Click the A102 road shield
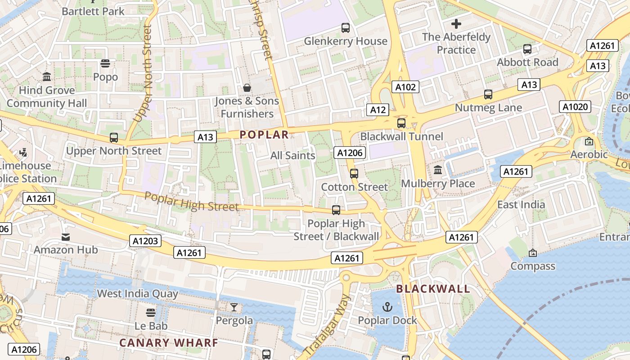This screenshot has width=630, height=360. coord(405,87)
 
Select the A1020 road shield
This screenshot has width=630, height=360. coord(575,107)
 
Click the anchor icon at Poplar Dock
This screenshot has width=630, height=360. coord(387,307)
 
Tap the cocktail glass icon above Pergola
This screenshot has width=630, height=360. coord(234,307)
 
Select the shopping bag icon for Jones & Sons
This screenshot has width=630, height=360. coord(247,87)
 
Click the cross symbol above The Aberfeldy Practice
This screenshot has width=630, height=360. coord(456,23)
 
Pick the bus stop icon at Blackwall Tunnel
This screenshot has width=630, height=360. coord(401,123)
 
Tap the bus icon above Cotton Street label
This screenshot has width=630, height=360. coord(354,173)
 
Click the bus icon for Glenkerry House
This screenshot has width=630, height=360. coord(345,28)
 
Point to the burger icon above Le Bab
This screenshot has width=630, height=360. coord(151,312)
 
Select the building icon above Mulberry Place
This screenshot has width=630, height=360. coord(437,170)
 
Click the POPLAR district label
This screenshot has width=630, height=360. coord(264,135)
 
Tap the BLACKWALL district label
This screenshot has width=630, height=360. coord(433,289)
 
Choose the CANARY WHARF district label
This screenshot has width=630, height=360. coord(169,343)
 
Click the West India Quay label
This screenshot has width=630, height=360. coord(138,294)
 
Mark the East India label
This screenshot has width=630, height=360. coord(521,205)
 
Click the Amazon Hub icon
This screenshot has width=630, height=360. coord(66,237)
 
